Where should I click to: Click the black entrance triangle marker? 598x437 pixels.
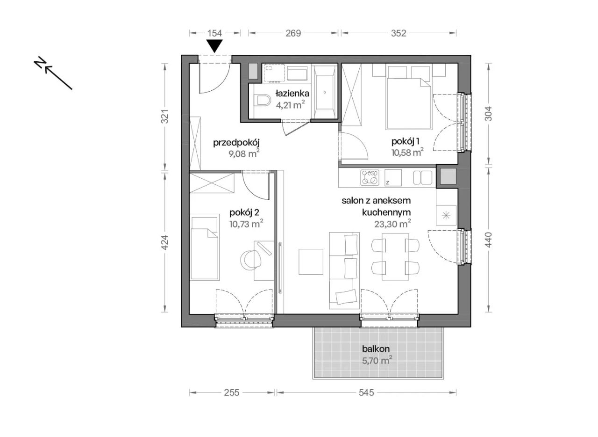click(x=214, y=46)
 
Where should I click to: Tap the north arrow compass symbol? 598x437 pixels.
click(x=53, y=73)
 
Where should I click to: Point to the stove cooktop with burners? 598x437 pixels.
click(x=370, y=178)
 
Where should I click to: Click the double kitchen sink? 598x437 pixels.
click(x=423, y=178)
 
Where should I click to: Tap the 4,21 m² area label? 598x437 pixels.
click(x=291, y=105)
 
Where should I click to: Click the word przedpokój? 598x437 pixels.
click(x=236, y=143)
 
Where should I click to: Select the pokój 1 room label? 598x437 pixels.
click(x=406, y=141)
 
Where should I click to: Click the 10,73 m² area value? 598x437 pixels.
click(x=246, y=224)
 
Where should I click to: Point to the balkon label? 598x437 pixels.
click(x=376, y=349)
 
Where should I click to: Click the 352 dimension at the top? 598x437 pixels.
click(x=399, y=33)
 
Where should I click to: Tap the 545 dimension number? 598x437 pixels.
click(x=366, y=393)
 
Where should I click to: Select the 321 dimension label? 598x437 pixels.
click(x=165, y=117)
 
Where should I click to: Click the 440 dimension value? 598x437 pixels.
click(x=488, y=240)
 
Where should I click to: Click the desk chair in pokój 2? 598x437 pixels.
click(x=251, y=258)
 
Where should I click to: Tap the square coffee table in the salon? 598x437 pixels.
click(x=311, y=262)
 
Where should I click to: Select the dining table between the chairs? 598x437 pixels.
click(x=395, y=256)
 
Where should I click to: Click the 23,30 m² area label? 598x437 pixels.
click(x=392, y=224)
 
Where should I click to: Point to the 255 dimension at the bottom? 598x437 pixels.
click(x=232, y=393)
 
